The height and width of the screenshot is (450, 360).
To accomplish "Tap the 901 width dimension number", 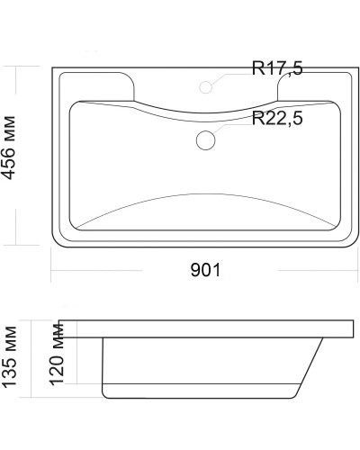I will coord(205,268).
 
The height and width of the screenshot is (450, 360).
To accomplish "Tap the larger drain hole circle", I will coord(206,139).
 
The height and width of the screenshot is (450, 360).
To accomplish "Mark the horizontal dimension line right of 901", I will coord(288,270).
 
